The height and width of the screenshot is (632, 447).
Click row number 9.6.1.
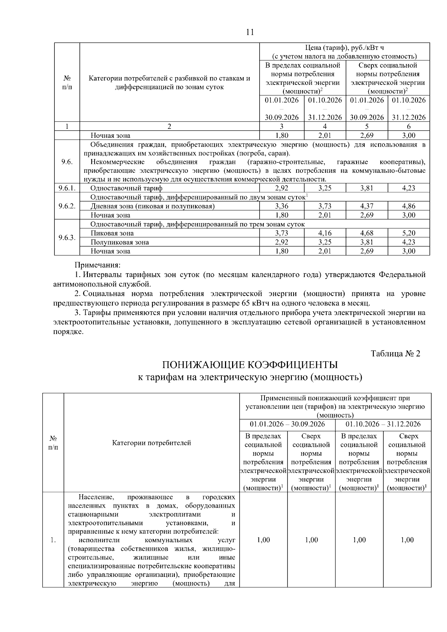tap(67, 188)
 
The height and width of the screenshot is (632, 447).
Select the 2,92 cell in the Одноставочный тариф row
tap(282, 188)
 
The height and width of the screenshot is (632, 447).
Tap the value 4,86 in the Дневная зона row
tap(409, 206)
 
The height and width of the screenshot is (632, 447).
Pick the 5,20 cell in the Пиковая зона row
tap(409, 233)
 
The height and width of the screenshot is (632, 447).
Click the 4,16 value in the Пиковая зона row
tap(325, 233)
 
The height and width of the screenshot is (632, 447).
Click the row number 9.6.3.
tap(67, 238)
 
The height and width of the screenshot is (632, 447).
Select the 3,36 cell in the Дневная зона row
tap(282, 206)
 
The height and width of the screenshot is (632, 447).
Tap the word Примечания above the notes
tap(98, 265)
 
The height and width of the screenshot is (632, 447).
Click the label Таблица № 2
tap(395, 353)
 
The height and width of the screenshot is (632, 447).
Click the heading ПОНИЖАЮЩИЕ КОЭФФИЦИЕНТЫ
tap(250, 365)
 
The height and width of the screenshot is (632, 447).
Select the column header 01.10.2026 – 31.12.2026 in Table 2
tap(383, 424)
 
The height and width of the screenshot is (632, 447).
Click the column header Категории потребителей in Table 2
tap(151, 443)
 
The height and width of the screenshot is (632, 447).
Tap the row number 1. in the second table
tap(53, 540)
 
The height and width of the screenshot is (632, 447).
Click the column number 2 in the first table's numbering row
tap(169, 126)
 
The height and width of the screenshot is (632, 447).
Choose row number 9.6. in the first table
tap(67, 162)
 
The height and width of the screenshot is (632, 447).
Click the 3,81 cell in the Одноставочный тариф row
tap(367, 188)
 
